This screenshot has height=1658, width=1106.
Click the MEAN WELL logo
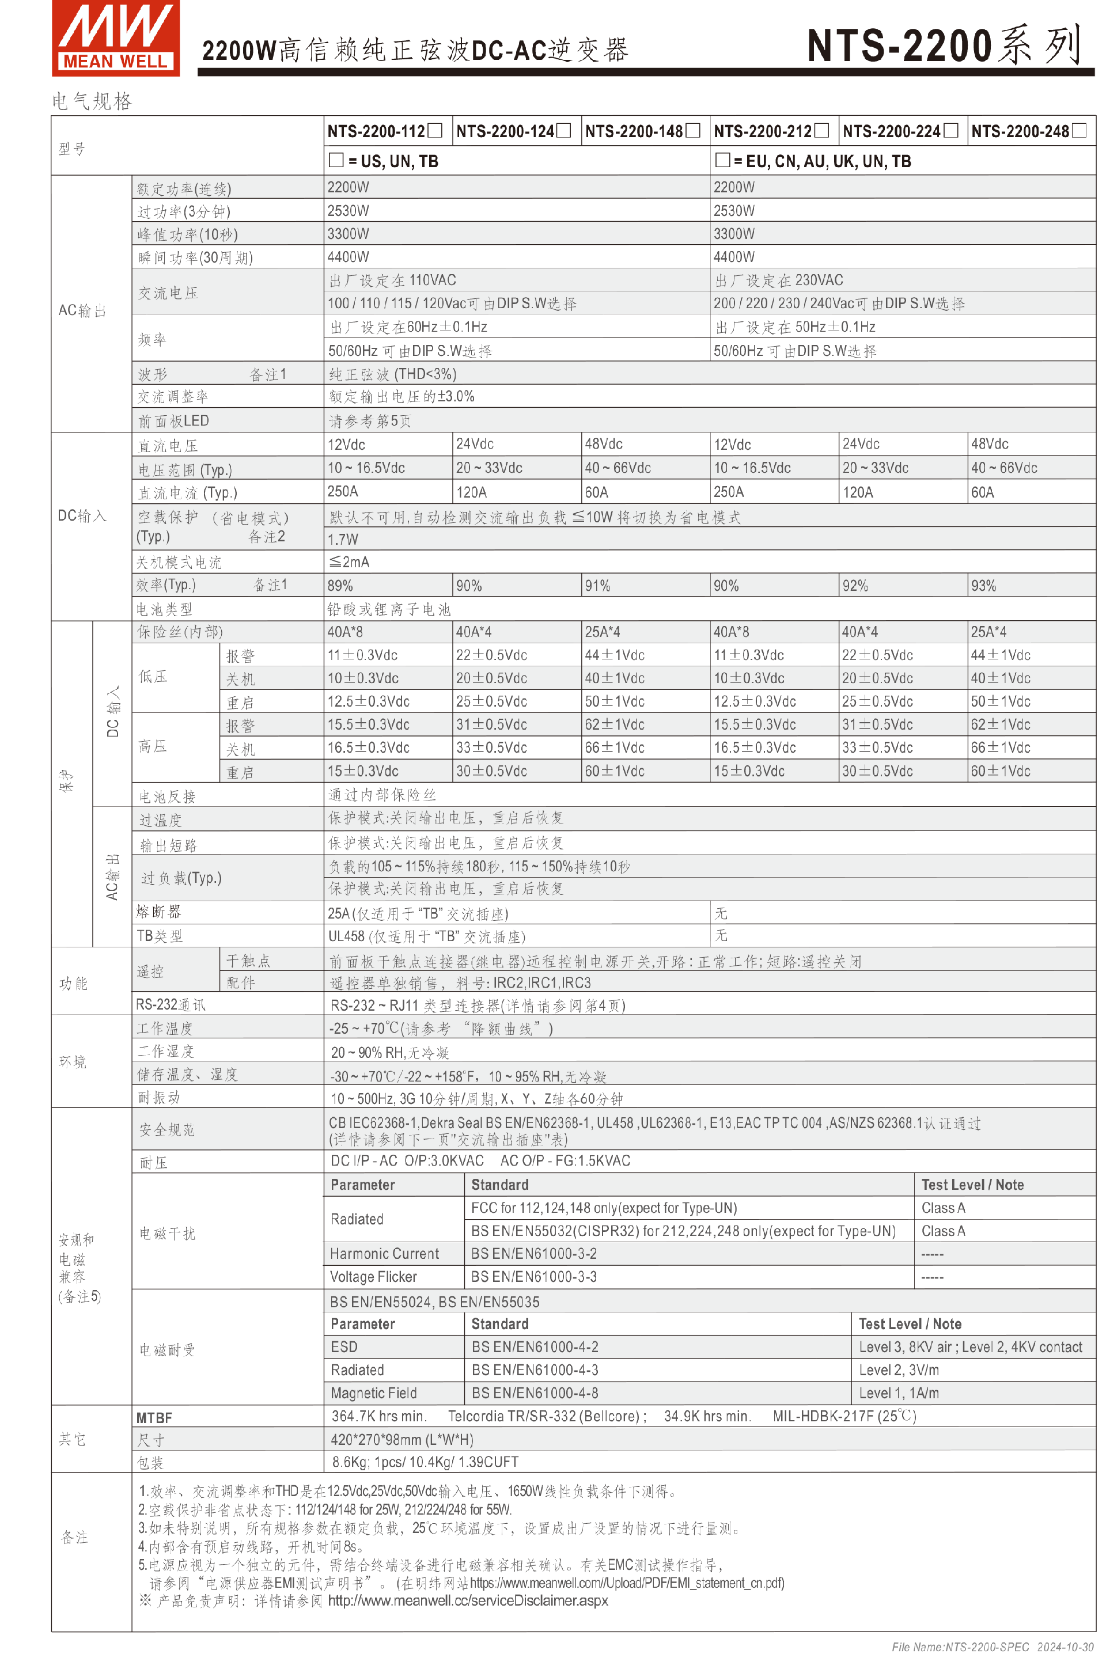[x=116, y=38]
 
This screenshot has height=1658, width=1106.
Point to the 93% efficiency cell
[x=983, y=585]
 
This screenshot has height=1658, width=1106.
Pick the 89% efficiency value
[x=340, y=585]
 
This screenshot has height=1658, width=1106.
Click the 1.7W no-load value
[x=343, y=540]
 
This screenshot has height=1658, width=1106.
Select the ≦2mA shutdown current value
[x=349, y=562]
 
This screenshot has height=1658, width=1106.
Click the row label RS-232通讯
[x=171, y=1004]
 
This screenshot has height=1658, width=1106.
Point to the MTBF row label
[x=154, y=1417]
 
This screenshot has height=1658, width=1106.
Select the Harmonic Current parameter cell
[x=384, y=1253]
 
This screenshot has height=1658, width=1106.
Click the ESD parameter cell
[x=344, y=1347]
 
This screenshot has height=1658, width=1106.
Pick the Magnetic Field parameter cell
[x=374, y=1393]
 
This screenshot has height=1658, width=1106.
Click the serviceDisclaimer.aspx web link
[x=468, y=1600]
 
